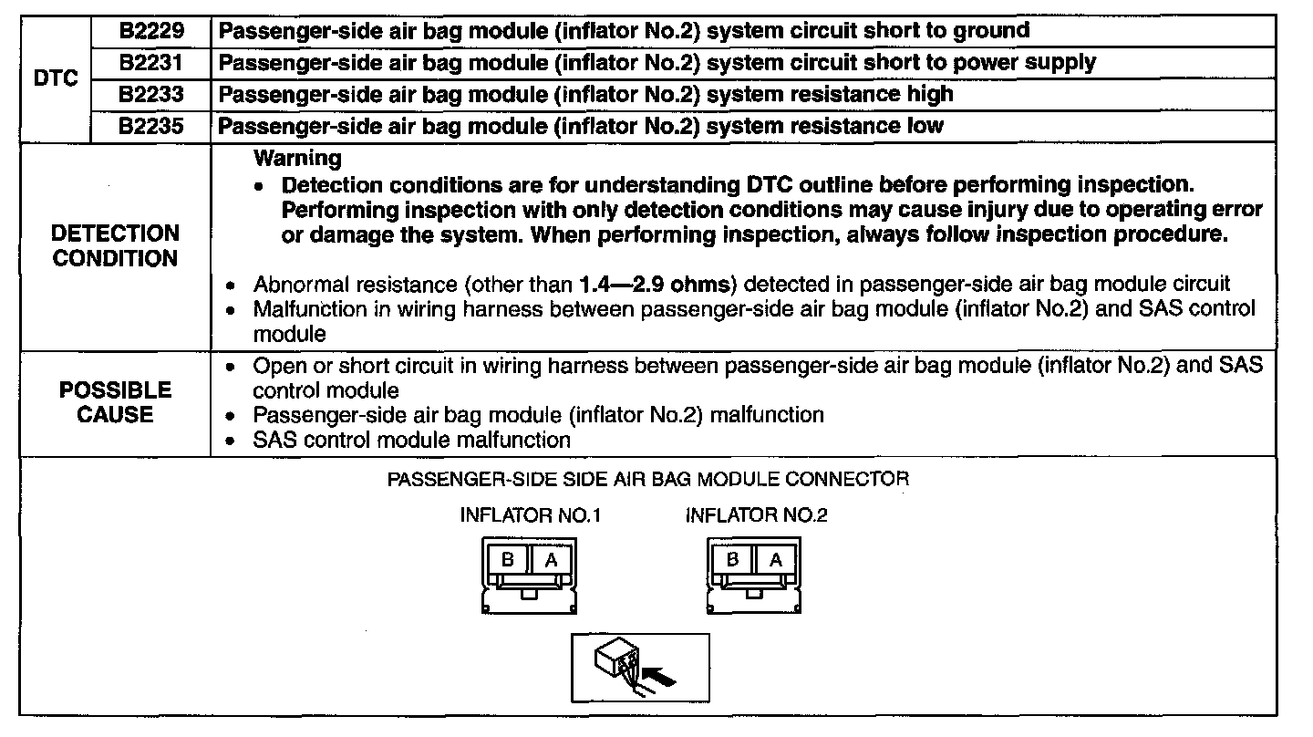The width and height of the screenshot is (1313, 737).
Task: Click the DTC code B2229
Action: (x=151, y=31)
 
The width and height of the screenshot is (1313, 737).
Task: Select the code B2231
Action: (x=151, y=63)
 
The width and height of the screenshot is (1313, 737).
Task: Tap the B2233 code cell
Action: (x=151, y=94)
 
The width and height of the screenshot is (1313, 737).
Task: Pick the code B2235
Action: (x=151, y=126)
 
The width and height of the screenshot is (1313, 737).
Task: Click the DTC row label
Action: (x=56, y=78)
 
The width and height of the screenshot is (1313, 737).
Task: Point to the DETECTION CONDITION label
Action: (x=115, y=246)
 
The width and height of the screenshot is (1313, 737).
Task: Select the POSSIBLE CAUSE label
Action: (x=115, y=402)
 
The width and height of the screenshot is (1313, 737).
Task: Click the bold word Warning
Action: (x=297, y=159)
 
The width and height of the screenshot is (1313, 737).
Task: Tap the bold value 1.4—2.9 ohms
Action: (x=648, y=284)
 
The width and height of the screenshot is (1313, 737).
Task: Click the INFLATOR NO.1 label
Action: (x=530, y=515)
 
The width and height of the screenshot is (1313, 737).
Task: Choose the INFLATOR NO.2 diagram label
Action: (x=756, y=515)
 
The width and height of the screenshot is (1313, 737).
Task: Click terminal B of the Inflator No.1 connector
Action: (x=508, y=560)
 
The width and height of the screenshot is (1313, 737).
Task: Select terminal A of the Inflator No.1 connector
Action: (x=551, y=560)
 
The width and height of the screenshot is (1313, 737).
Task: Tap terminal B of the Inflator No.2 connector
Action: (x=733, y=560)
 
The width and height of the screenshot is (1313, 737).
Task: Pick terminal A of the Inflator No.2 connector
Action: (x=776, y=560)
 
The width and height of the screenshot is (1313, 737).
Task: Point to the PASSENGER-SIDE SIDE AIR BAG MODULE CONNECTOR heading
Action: (x=648, y=479)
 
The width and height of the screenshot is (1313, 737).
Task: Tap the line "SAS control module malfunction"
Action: (x=411, y=440)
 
